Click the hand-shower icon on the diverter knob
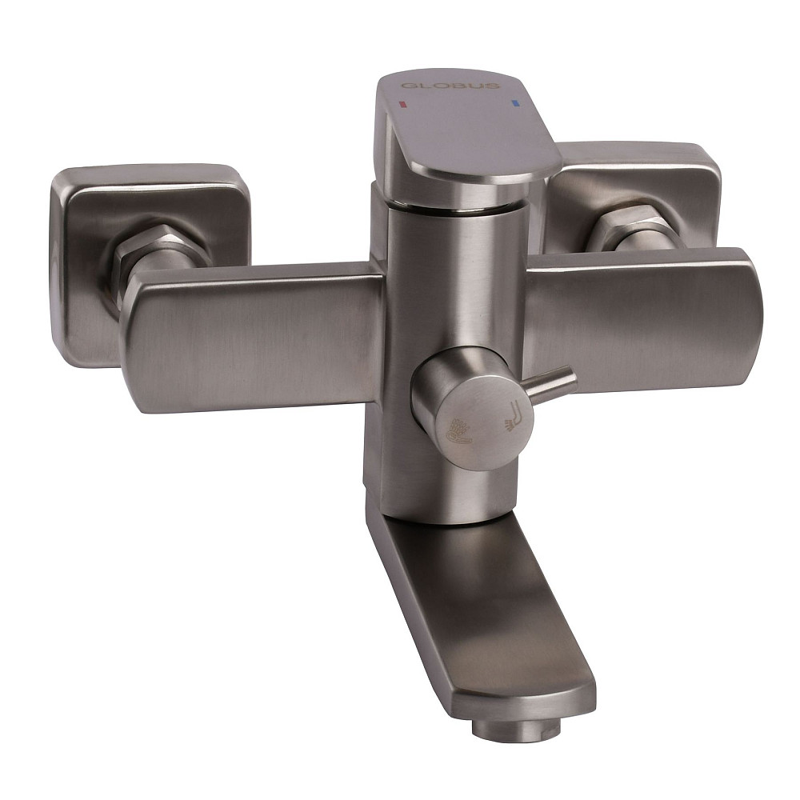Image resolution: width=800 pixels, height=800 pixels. (458, 432)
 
